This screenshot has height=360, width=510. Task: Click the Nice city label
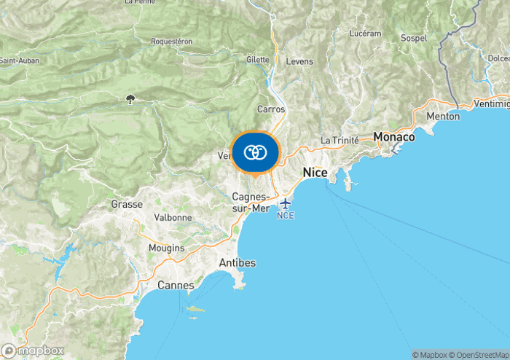[315, 173]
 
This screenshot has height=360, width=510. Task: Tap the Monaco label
[393, 137]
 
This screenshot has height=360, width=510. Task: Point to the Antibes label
[237, 262]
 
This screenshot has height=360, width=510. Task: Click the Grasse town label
[127, 205]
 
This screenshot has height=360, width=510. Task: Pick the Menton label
[443, 117]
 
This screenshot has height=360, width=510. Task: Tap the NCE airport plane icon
[285, 203]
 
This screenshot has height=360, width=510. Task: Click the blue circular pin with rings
[255, 153]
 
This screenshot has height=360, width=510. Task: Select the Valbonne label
[173, 217]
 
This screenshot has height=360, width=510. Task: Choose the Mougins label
[166, 249]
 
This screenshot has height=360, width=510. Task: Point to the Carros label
[270, 109]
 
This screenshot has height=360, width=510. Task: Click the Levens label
[299, 62]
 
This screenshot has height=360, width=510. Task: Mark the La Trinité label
[340, 140]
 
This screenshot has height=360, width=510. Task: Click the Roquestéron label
[172, 42]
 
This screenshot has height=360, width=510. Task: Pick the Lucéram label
[365, 34]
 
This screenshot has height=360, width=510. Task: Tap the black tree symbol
[130, 99]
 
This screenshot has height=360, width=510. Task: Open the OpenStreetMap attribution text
[480, 355]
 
